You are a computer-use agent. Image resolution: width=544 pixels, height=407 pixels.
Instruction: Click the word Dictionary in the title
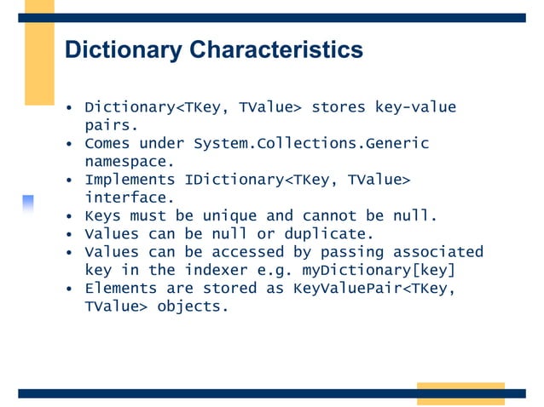pos(124,50)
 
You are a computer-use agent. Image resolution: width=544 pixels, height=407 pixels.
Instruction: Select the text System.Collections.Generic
pos(311,143)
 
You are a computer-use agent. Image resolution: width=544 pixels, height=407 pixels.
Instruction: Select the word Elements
pos(120,288)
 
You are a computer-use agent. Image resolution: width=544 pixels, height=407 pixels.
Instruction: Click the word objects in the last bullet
pos(193,307)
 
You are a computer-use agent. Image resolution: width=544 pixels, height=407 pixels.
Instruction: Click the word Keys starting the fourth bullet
pos(102,216)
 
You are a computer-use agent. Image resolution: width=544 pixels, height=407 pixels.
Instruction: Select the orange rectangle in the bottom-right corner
pos(460,393)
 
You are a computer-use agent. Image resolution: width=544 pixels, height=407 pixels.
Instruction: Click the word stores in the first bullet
pos(339,107)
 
